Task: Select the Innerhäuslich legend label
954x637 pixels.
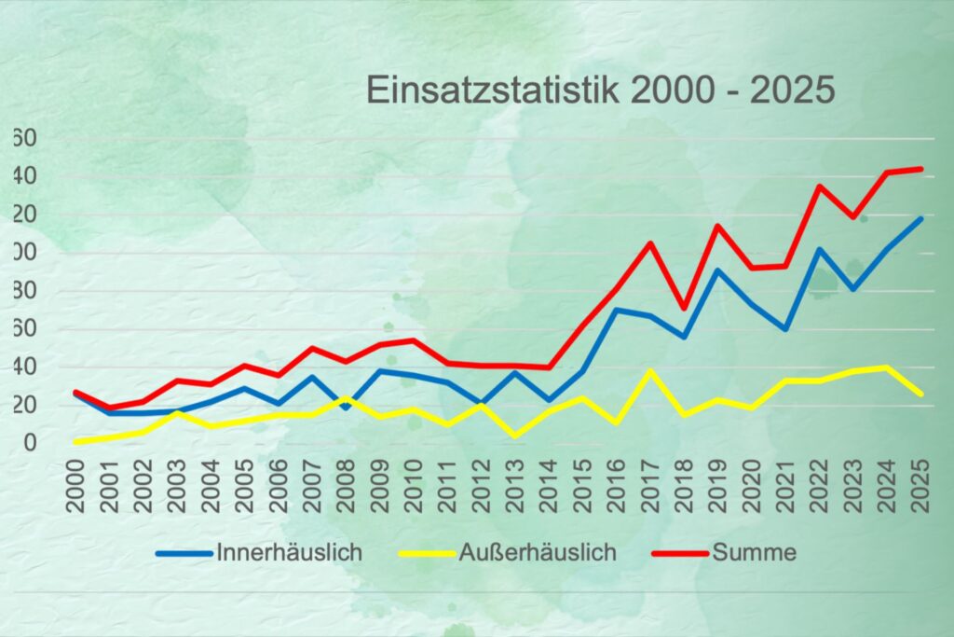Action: pyautogui.click(x=289, y=552)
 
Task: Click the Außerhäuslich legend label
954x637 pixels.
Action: pyautogui.click(x=538, y=552)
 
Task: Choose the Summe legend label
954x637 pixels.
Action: pyautogui.click(x=755, y=552)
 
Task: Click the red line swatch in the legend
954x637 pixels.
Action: pyautogui.click(x=679, y=553)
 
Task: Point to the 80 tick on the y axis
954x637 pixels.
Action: pyautogui.click(x=24, y=291)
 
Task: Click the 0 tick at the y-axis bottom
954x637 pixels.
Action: pyautogui.click(x=30, y=442)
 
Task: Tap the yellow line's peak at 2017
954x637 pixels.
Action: pyautogui.click(x=650, y=370)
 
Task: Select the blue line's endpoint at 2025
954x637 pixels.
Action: pyautogui.click(x=921, y=218)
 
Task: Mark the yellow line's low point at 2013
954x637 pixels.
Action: pyautogui.click(x=515, y=436)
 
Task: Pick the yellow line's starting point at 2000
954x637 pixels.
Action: pyautogui.click(x=75, y=441)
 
